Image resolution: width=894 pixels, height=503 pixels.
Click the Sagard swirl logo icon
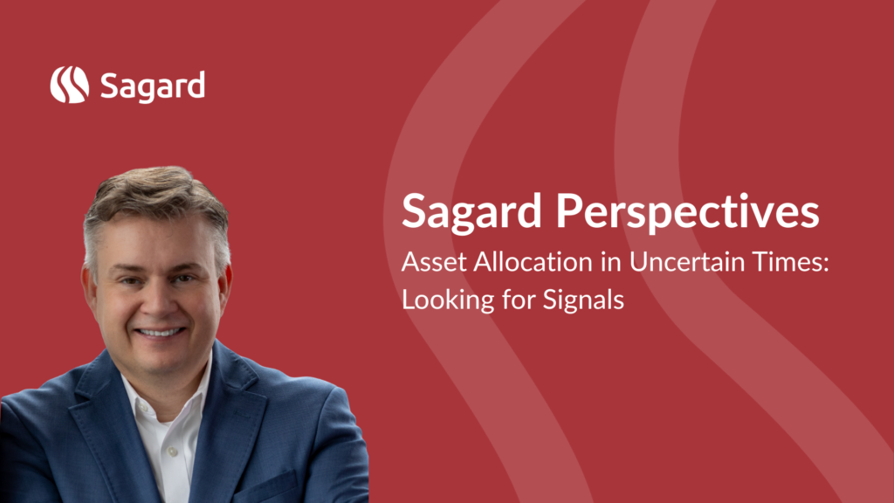click(x=70, y=85)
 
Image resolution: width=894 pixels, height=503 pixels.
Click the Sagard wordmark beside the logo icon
click(x=152, y=86)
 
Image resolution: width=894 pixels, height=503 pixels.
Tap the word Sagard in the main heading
click(x=471, y=212)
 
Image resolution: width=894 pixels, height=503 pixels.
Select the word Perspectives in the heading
click(x=688, y=212)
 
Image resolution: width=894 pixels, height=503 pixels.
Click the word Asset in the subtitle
click(x=434, y=262)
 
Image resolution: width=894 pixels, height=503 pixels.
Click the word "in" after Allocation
click(x=611, y=262)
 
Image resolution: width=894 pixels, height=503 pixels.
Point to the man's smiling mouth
click(x=160, y=332)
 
